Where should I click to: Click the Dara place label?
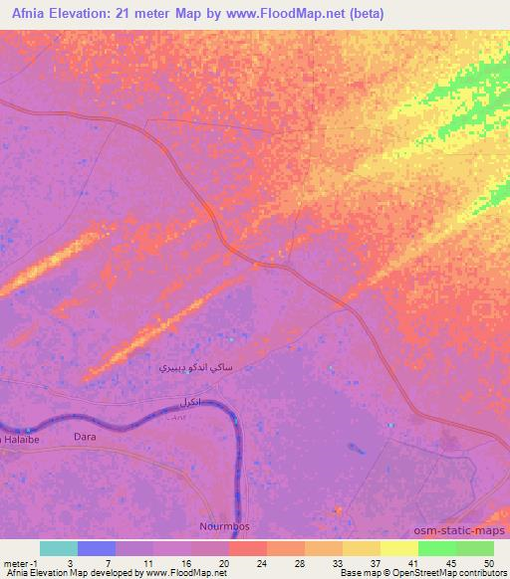(85, 436)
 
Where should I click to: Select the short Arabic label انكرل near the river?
(189, 403)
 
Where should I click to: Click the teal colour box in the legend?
(59, 547)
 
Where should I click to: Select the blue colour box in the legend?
(97, 547)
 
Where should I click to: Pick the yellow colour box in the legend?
(398, 547)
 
